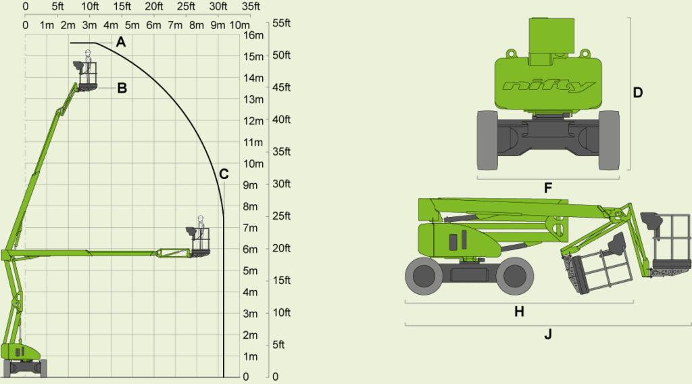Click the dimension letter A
[121, 43]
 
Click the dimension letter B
[122, 89]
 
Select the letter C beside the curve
[224, 174]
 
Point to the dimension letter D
[638, 93]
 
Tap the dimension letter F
[548, 188]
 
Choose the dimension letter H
[520, 312]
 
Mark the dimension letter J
[548, 335]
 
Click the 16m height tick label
[253, 35]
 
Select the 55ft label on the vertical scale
[281, 23]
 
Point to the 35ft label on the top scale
[251, 7]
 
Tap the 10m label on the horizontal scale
[239, 25]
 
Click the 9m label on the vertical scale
[250, 185]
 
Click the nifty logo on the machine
[548, 86]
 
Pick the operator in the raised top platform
[88, 66]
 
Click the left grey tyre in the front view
[487, 141]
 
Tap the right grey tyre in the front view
[609, 141]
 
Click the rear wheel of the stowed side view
[424, 276]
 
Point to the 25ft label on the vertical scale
[281, 216]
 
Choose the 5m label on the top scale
[132, 25]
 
